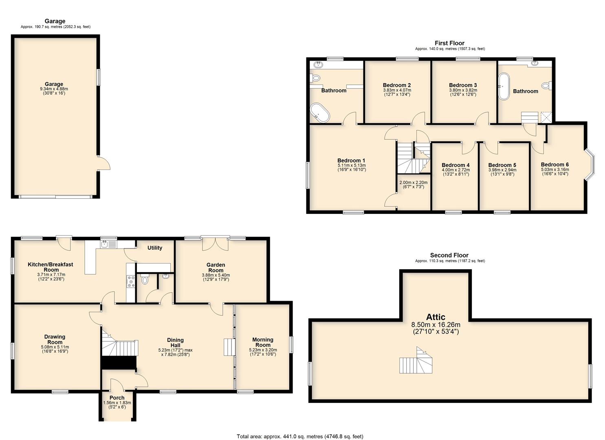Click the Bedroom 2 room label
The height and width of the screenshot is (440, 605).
tap(397, 85)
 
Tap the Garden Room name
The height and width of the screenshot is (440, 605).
tap(216, 267)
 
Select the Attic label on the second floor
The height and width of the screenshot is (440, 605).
tap(436, 317)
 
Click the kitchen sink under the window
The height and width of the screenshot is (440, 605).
tap(108, 244)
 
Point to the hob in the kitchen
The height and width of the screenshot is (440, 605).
tap(131, 282)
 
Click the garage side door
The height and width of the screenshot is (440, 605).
tap(104, 163)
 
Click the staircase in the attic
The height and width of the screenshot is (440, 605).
tap(416, 361)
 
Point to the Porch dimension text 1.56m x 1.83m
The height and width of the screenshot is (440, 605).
tap(117, 403)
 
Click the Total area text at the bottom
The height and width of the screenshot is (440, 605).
tap(300, 429)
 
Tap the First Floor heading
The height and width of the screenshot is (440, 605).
tap(449, 43)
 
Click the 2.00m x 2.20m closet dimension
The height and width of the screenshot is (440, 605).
tap(413, 183)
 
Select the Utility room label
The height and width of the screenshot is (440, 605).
tap(155, 248)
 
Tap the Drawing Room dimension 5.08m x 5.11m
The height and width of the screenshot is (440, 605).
tap(55, 347)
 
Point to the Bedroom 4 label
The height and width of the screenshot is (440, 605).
tap(455, 165)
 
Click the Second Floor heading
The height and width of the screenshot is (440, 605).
tap(449, 255)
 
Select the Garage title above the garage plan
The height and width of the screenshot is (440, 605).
tap(55, 21)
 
